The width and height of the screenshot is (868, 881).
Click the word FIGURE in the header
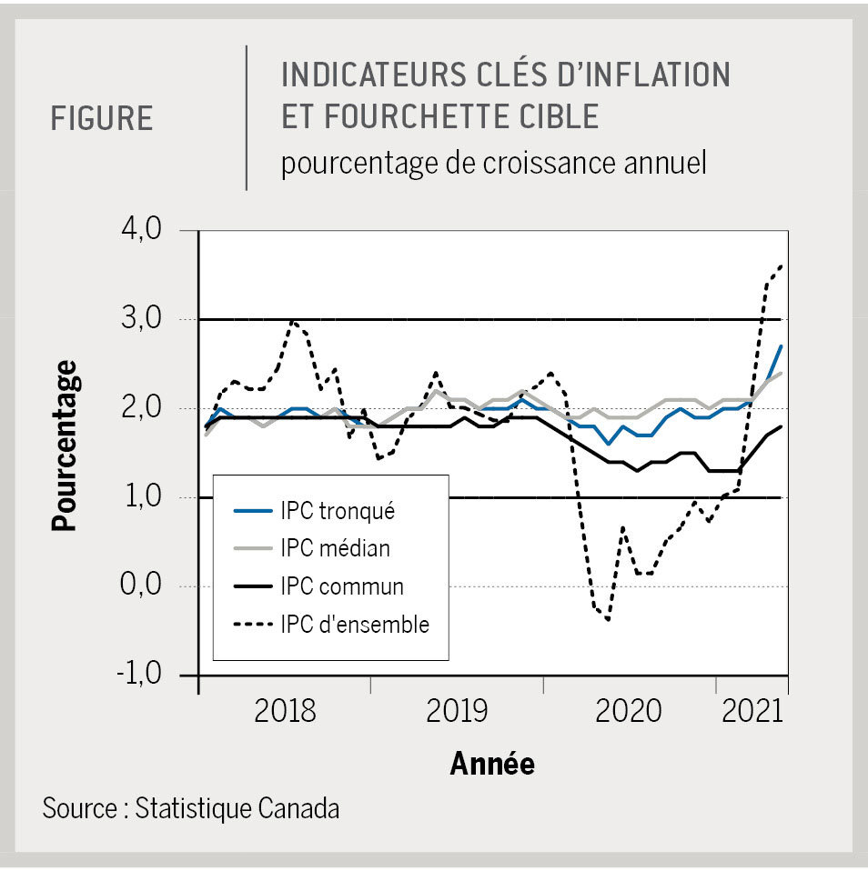tap(102, 119)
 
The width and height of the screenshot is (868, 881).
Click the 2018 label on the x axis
tap(285, 711)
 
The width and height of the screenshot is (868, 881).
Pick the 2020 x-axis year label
tap(628, 711)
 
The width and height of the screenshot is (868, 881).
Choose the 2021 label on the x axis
tap(752, 711)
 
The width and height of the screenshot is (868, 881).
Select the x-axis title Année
tap(492, 764)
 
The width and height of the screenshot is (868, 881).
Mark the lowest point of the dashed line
tap(607, 620)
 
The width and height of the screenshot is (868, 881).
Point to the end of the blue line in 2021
tap(782, 346)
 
